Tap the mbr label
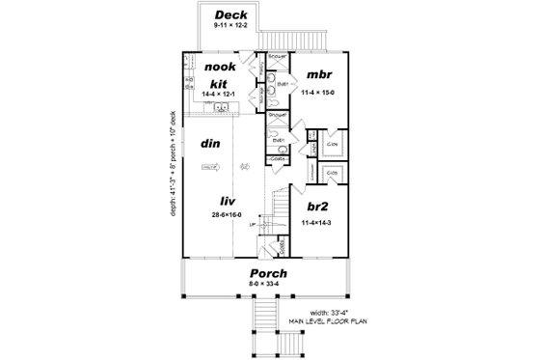click(318, 74)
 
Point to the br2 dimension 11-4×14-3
click(316, 222)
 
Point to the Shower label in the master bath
click(276, 57)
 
